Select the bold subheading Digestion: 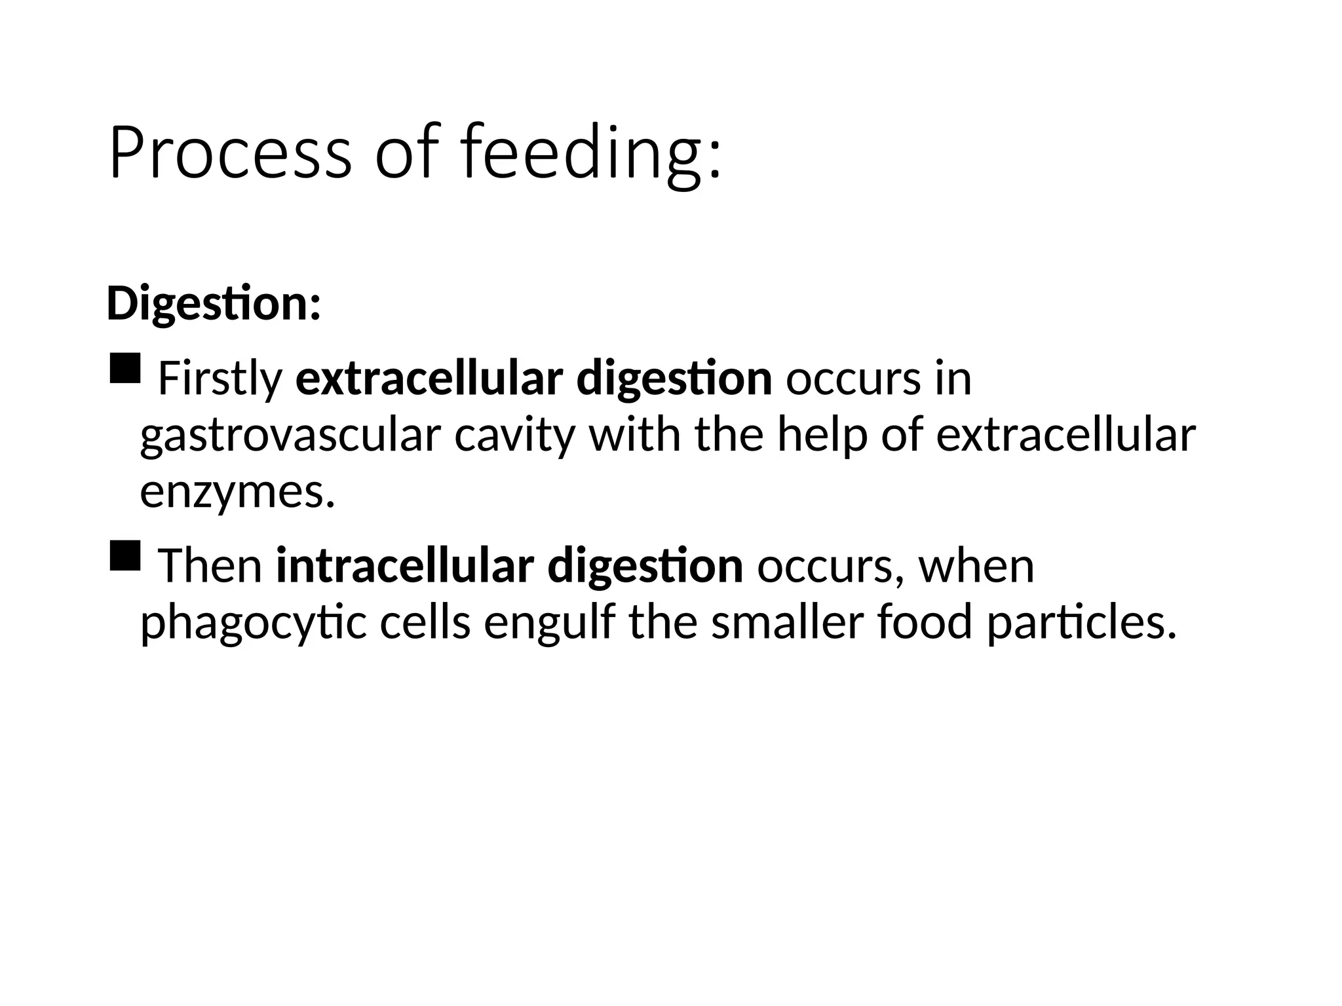click(x=214, y=304)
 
